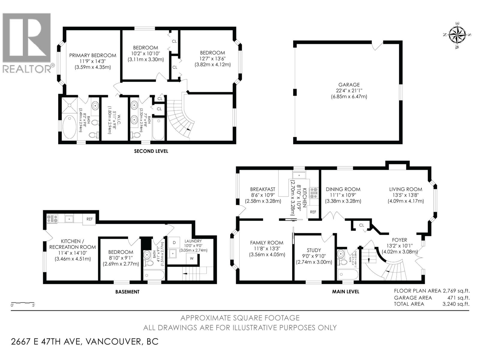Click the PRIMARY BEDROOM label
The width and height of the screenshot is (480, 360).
coord(93,55)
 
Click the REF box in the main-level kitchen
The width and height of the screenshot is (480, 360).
coord(313,212)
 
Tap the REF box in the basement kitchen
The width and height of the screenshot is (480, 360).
coord(89,219)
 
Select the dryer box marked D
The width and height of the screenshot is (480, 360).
coord(174,242)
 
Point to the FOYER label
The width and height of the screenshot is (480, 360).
coord(399,240)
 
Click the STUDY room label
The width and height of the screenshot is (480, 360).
coord(314,250)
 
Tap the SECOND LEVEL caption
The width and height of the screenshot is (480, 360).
coord(151,151)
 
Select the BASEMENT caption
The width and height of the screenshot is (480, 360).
coord(127,292)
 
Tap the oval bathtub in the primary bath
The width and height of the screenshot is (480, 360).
coord(70,127)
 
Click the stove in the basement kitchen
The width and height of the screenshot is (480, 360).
coord(52,219)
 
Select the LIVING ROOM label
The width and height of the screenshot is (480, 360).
coord(406,189)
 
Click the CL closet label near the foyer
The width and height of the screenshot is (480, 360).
coord(361,225)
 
